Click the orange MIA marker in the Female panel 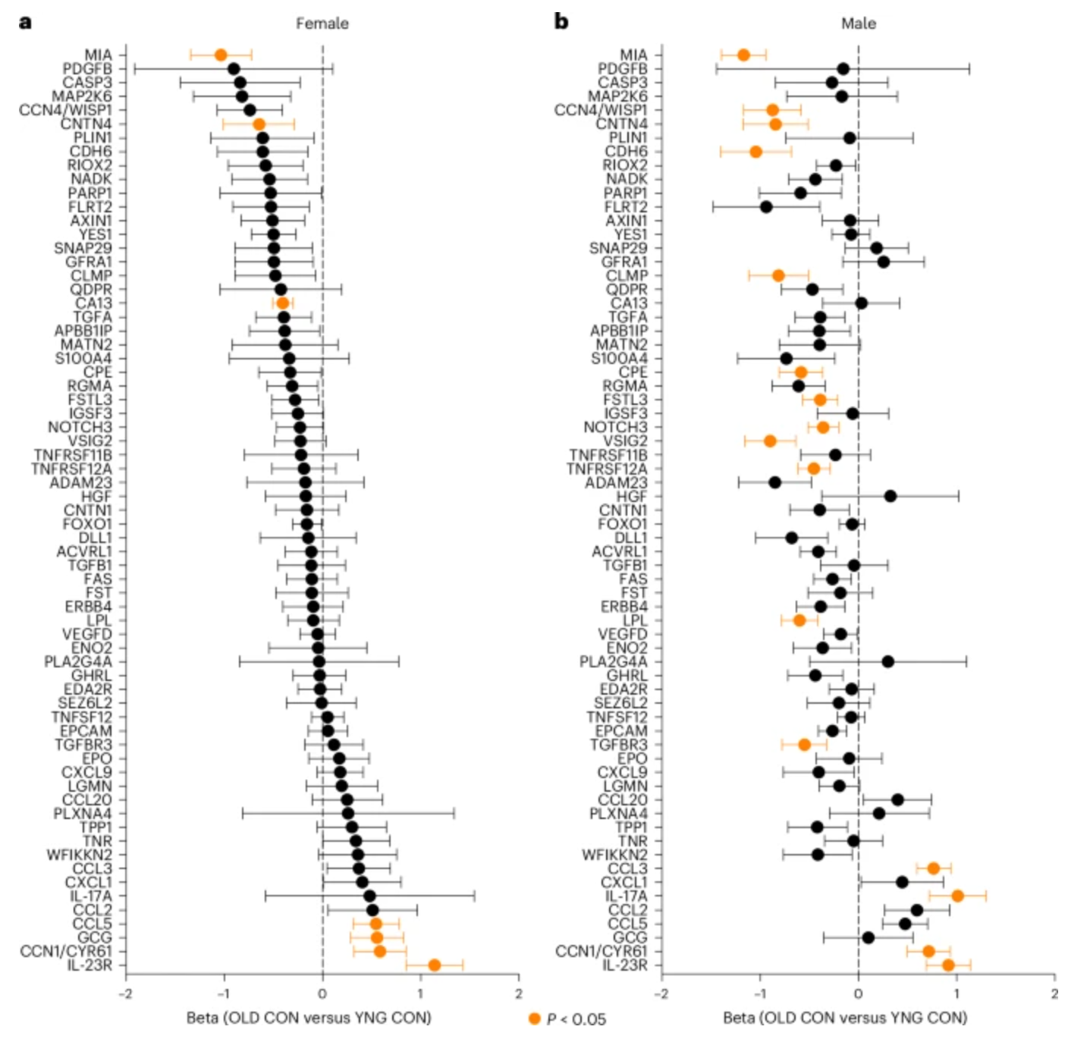tap(221, 55)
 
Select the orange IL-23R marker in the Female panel tap(434, 965)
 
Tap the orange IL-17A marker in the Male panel tap(957, 896)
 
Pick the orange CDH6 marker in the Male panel tap(755, 152)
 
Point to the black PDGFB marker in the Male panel tap(843, 69)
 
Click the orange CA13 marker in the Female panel tap(283, 303)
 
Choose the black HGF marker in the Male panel tap(891, 496)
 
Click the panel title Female tap(322, 24)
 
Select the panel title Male tap(858, 24)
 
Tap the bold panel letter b tap(561, 21)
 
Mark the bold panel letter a tap(25, 21)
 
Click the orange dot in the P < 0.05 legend tap(535, 1019)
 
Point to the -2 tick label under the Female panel tap(126, 993)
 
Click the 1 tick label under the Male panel tap(956, 993)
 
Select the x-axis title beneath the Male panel tap(844, 1017)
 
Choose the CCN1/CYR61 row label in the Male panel tap(602, 951)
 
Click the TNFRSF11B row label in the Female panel tap(73, 455)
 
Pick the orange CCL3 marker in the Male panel tap(934, 868)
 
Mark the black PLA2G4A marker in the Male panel tap(887, 661)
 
